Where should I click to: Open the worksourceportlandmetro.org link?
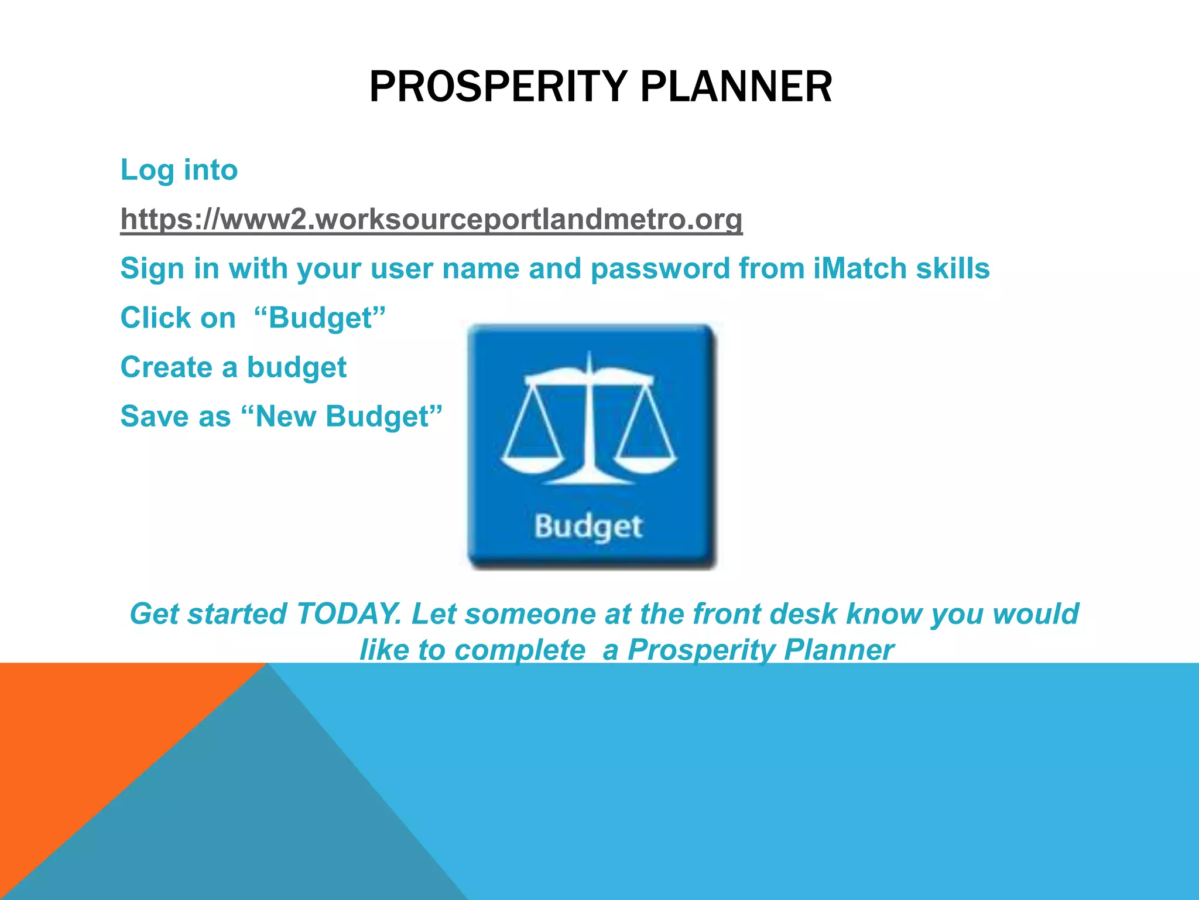coord(431,220)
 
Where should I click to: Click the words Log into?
coord(179,170)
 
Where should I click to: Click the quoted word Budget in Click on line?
coord(320,318)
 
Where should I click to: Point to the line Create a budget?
coord(233,367)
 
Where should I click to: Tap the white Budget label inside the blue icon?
coord(588,526)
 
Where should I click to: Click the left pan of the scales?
coord(533,463)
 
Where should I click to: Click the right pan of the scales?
coord(646,463)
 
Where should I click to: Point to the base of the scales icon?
coord(590,479)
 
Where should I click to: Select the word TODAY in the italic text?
coord(349,614)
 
